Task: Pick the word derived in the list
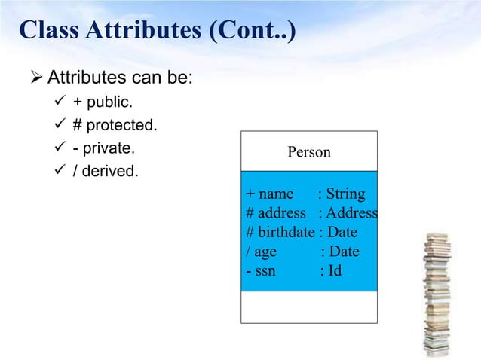point(109,172)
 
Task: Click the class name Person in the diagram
point(308,152)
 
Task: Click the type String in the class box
point(345,194)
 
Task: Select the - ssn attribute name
point(261,270)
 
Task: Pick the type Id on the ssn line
point(333,270)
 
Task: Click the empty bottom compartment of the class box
point(308,307)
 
